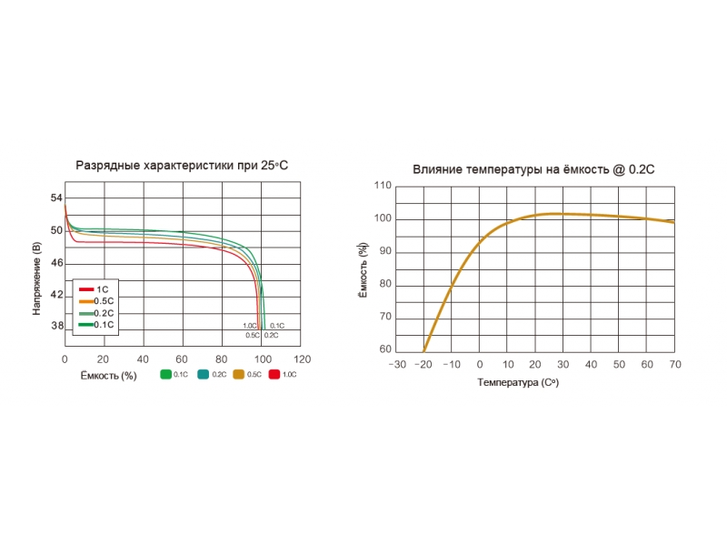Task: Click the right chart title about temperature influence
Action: pyautogui.click(x=533, y=169)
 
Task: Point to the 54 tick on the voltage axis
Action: pyautogui.click(x=56, y=198)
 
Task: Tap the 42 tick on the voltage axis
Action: pyautogui.click(x=56, y=295)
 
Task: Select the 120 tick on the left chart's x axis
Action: pyautogui.click(x=302, y=359)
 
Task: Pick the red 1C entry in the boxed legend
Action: pyautogui.click(x=95, y=289)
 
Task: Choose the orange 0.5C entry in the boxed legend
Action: pyautogui.click(x=95, y=301)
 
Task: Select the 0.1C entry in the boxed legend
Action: pyautogui.click(x=95, y=324)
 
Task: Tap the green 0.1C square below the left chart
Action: pyautogui.click(x=166, y=374)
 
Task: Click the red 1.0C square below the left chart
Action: pyautogui.click(x=274, y=374)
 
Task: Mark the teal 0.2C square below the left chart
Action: pyautogui.click(x=204, y=374)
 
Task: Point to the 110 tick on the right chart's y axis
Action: pyautogui.click(x=383, y=186)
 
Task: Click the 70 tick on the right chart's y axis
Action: pyautogui.click(x=385, y=317)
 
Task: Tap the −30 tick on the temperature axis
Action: pyautogui.click(x=397, y=365)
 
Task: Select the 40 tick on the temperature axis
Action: pyautogui.click(x=592, y=365)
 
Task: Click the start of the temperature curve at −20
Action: pyautogui.click(x=424, y=349)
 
